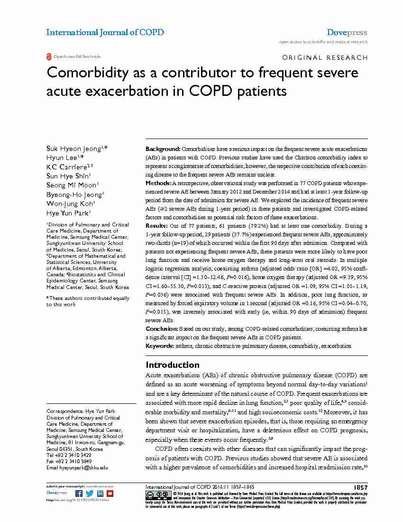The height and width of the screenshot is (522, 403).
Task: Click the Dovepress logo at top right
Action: pos(347,32)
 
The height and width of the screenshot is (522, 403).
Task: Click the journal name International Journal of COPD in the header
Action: pos(105,32)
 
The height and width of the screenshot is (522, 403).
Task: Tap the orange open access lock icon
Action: pos(49,56)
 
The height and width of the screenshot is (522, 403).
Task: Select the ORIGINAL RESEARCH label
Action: pos(324,57)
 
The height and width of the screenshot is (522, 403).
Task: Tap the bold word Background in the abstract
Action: pos(163,149)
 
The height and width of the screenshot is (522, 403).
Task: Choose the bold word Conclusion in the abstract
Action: pos(161,328)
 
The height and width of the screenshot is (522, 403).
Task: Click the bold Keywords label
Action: pos(159,346)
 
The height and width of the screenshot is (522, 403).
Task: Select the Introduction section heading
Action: pos(172,365)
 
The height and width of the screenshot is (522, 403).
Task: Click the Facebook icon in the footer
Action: pos(79,493)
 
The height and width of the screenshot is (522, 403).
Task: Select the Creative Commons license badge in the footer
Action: pos(152,494)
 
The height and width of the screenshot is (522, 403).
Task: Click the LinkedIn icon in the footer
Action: pos(100,493)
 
